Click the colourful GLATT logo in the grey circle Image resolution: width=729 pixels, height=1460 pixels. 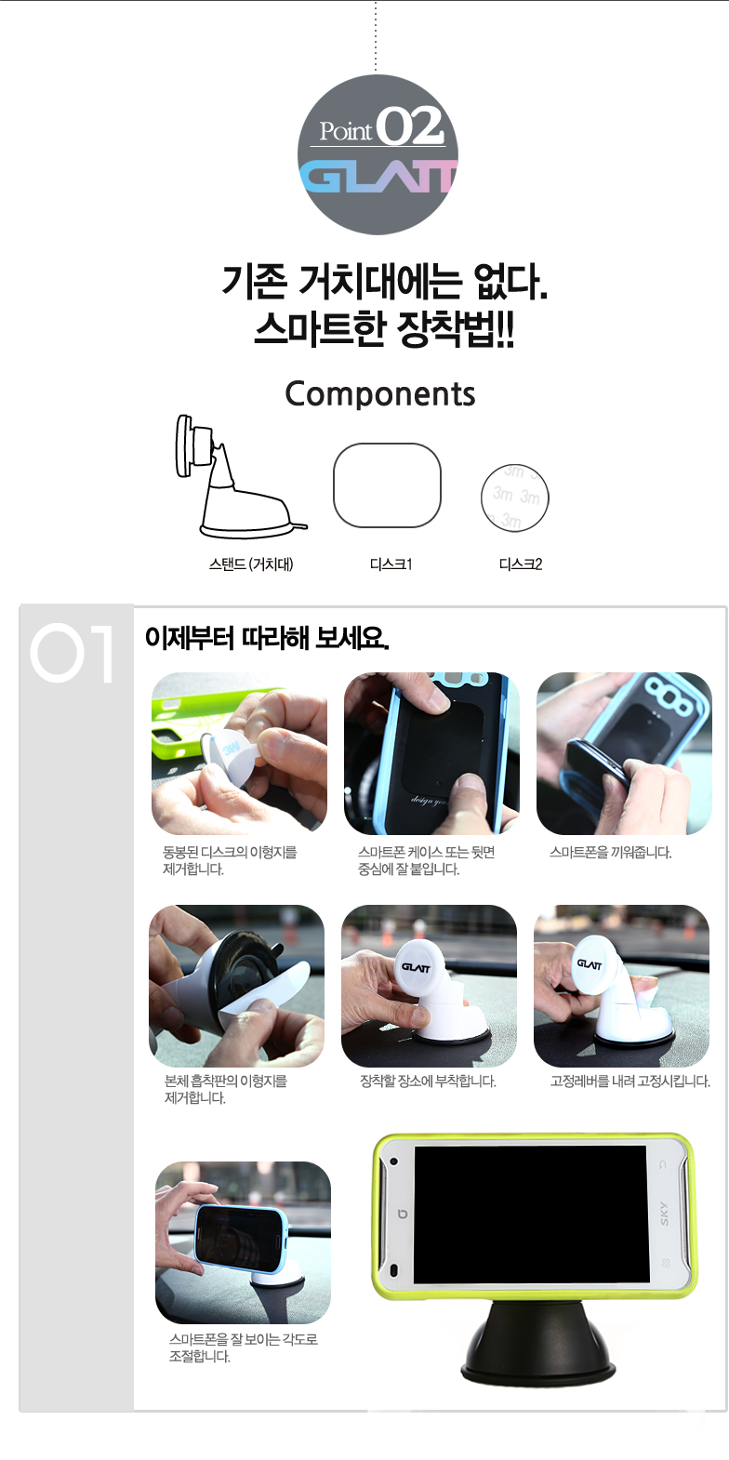point(378,177)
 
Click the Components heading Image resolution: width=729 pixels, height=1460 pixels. point(380,394)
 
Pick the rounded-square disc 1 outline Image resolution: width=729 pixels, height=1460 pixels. point(387,484)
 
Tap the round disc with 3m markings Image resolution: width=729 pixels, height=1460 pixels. point(514,498)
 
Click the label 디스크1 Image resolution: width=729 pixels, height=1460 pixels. point(391,564)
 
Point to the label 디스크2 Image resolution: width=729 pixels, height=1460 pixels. point(521,564)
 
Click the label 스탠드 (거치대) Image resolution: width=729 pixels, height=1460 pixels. point(251,564)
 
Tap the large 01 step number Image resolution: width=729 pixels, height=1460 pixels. point(72,653)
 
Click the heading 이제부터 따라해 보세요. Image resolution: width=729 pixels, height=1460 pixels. point(267,637)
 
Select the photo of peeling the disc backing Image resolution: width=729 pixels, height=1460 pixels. point(239,753)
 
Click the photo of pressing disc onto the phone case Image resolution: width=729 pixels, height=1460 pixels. point(431,753)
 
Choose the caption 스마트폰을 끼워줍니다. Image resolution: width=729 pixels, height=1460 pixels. point(610,853)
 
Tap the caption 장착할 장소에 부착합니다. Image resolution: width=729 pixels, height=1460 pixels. point(428,1082)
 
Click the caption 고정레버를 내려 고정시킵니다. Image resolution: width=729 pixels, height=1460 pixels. point(630,1082)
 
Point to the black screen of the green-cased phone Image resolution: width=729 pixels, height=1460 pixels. point(531,1214)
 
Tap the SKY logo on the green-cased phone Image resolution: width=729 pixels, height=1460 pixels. point(664,1214)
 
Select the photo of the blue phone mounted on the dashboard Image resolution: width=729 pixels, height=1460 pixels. point(243,1243)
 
